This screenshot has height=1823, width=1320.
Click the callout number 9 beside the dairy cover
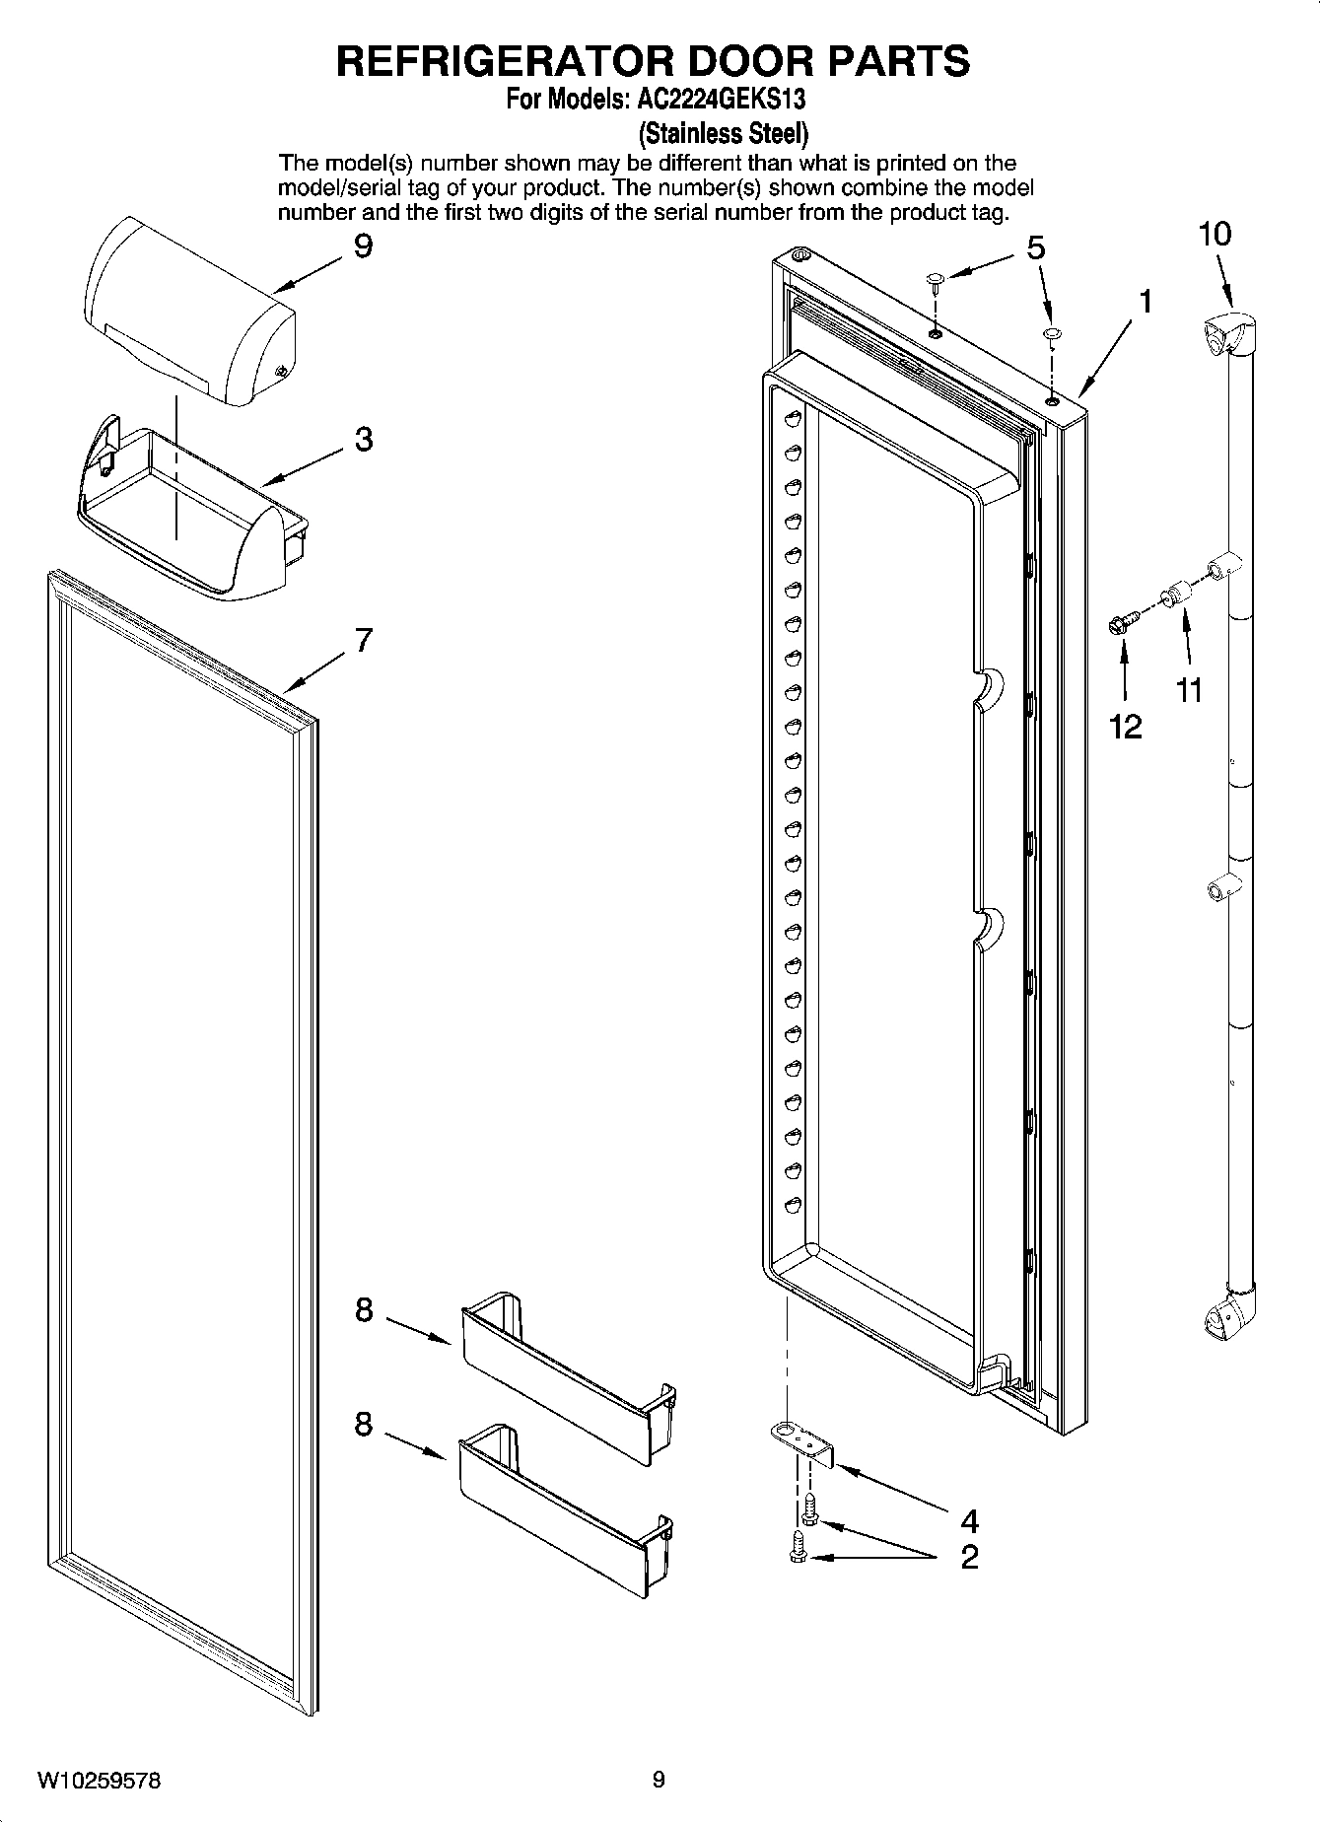pyautogui.click(x=363, y=245)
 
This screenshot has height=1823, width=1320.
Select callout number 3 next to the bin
pyautogui.click(x=364, y=439)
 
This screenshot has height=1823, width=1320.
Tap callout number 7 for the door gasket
pyautogui.click(x=364, y=641)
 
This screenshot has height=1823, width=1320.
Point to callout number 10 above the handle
pyautogui.click(x=1215, y=235)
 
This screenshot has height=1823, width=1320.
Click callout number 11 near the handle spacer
pyautogui.click(x=1190, y=690)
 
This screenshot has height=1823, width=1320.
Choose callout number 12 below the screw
pyautogui.click(x=1125, y=727)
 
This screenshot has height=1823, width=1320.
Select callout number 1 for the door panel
pyautogui.click(x=1144, y=301)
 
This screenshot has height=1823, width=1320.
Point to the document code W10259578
pyautogui.click(x=99, y=1781)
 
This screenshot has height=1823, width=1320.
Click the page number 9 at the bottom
pyautogui.click(x=659, y=1780)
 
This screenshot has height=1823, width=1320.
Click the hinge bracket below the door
pyautogui.click(x=804, y=1445)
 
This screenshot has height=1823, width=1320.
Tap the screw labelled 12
pyautogui.click(x=1122, y=622)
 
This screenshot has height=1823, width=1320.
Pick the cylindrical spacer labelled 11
pyautogui.click(x=1174, y=596)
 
